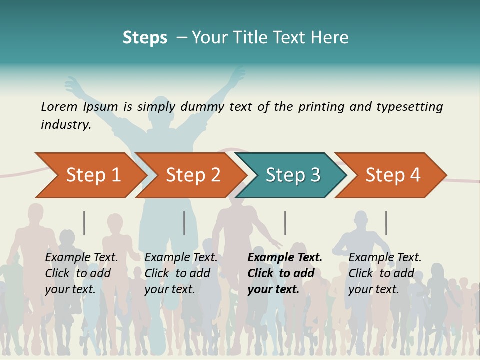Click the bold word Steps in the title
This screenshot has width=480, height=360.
(145, 38)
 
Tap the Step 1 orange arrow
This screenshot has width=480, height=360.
(93, 175)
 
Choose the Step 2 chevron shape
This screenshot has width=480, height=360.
(193, 175)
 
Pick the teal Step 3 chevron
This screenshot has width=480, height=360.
(293, 175)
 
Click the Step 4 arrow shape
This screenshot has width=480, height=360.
(393, 175)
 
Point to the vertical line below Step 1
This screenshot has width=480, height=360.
(84, 223)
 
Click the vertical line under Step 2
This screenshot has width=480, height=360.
(184, 223)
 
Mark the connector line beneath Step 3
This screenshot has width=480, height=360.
(285, 223)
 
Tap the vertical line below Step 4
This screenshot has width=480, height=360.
(386, 223)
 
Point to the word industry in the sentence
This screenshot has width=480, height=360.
(65, 125)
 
